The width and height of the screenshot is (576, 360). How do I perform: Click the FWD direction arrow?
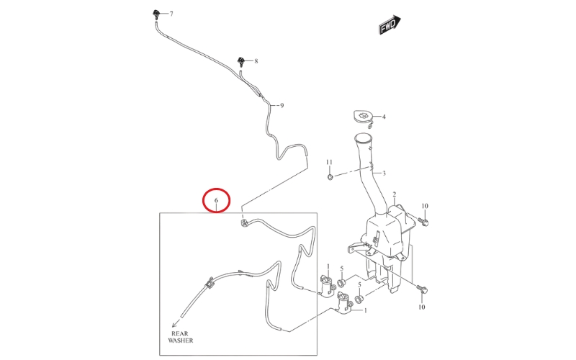(390, 25)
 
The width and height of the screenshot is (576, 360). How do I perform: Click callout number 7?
(171, 14)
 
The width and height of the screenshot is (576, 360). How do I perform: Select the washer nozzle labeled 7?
(156, 14)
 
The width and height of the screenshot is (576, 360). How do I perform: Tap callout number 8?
(256, 61)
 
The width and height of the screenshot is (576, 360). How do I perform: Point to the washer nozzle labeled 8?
(241, 61)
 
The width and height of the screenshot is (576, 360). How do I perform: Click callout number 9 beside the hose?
(282, 106)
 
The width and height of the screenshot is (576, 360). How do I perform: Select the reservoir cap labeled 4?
(364, 117)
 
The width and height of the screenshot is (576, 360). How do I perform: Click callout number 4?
(384, 117)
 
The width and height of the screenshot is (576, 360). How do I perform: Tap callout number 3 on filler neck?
(384, 173)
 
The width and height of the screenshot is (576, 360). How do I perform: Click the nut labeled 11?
(330, 177)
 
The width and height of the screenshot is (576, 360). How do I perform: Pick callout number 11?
(329, 162)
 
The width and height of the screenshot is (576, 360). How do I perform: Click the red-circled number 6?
(217, 200)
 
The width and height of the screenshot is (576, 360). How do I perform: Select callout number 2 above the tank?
(394, 194)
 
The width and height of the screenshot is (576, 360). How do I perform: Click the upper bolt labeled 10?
(423, 221)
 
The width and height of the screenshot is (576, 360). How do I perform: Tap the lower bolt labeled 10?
(423, 289)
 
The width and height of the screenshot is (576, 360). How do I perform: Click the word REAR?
(180, 333)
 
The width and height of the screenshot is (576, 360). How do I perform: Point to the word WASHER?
(181, 341)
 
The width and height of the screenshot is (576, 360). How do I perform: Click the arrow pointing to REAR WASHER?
(176, 323)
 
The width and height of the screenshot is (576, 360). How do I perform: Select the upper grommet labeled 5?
(341, 283)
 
